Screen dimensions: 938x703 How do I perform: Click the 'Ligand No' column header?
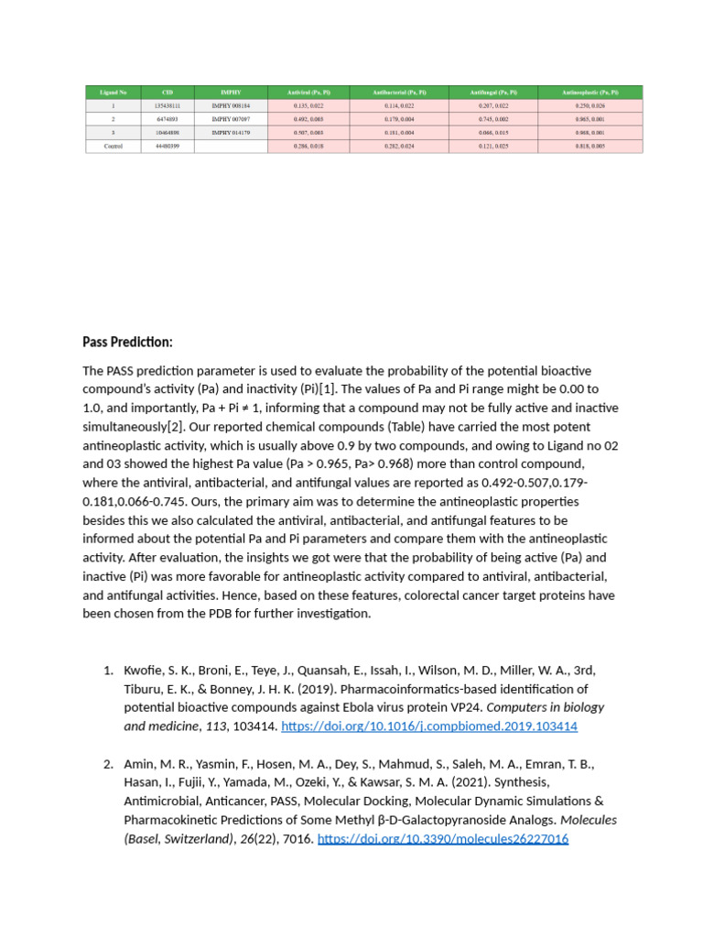pos(114,92)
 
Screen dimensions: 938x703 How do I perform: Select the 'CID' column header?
pos(167,92)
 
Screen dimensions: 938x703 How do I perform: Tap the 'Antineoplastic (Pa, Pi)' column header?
pos(591,92)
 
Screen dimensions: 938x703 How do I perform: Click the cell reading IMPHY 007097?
pos(231,119)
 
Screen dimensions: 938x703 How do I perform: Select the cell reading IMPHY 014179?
pos(231,133)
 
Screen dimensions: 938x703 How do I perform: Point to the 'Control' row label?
pos(114,147)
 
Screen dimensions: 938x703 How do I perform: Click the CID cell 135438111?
pos(167,105)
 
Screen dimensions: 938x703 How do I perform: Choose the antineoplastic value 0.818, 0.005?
pos(591,147)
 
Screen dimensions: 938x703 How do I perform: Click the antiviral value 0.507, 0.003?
pos(308,133)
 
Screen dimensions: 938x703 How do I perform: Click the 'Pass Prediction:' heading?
pos(127,342)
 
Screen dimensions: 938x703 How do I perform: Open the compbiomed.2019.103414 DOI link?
pos(429,726)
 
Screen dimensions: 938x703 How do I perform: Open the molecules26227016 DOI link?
pos(442,838)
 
